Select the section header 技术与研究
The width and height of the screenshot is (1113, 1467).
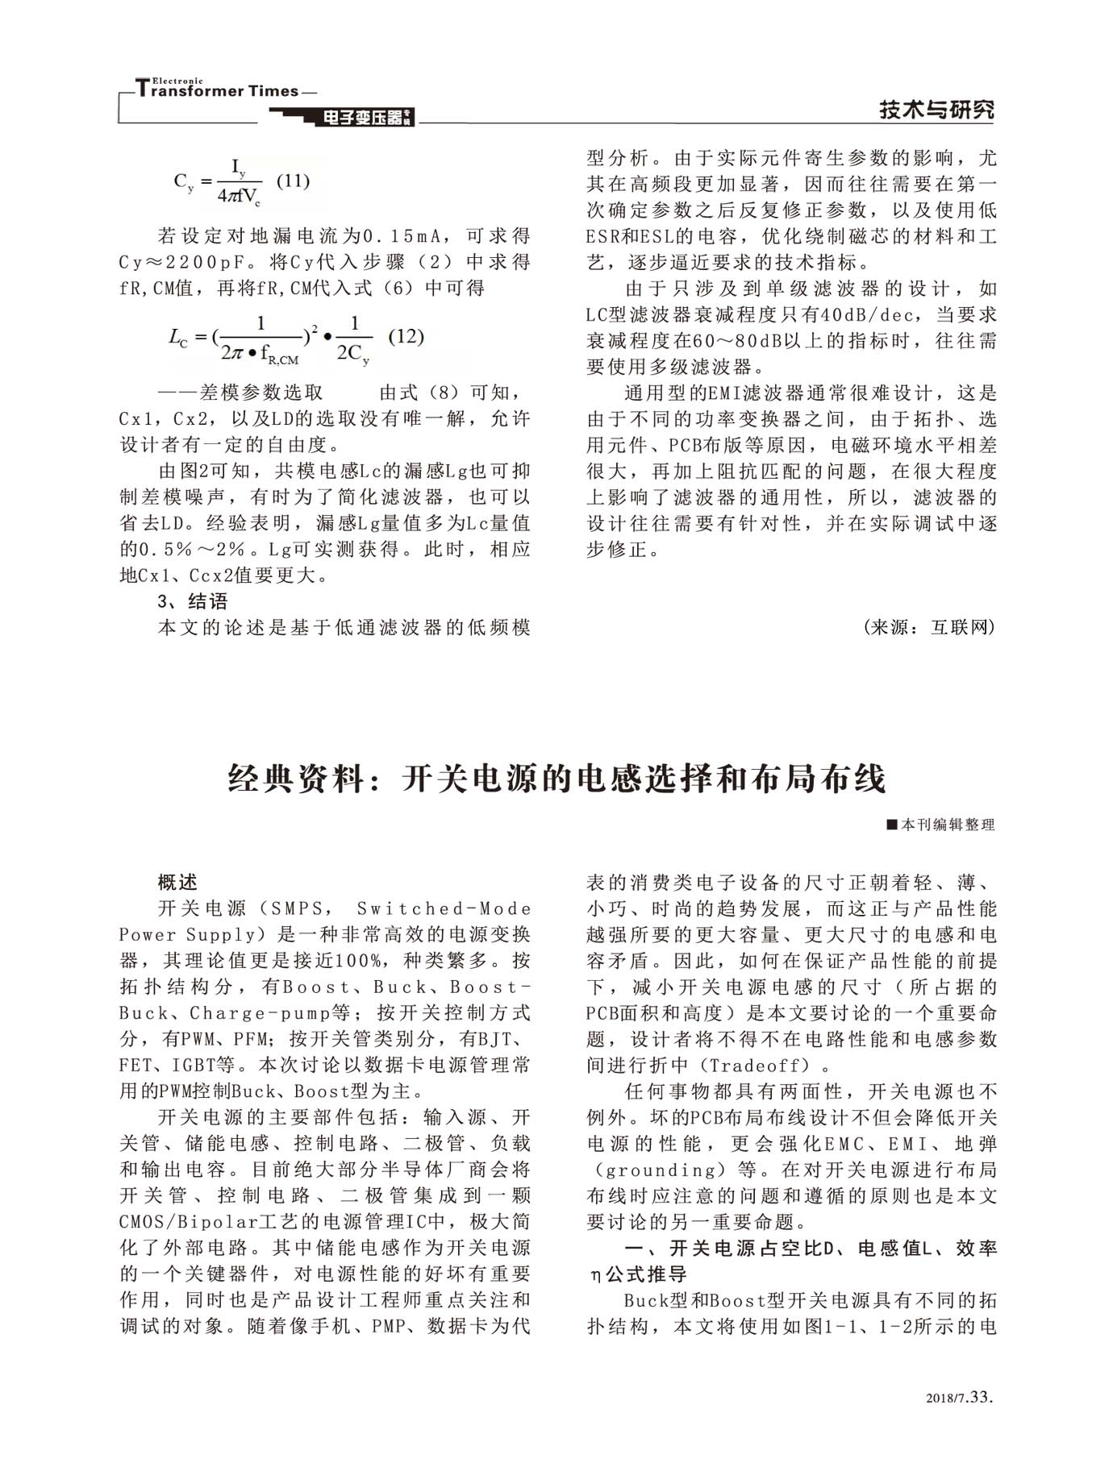click(x=936, y=110)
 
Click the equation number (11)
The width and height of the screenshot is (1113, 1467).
click(x=293, y=181)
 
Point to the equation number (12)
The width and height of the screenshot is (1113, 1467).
click(x=406, y=337)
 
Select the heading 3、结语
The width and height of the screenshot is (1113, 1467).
click(x=193, y=601)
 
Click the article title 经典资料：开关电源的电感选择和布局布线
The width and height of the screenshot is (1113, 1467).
click(x=556, y=779)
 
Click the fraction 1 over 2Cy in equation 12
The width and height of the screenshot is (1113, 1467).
click(x=353, y=339)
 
